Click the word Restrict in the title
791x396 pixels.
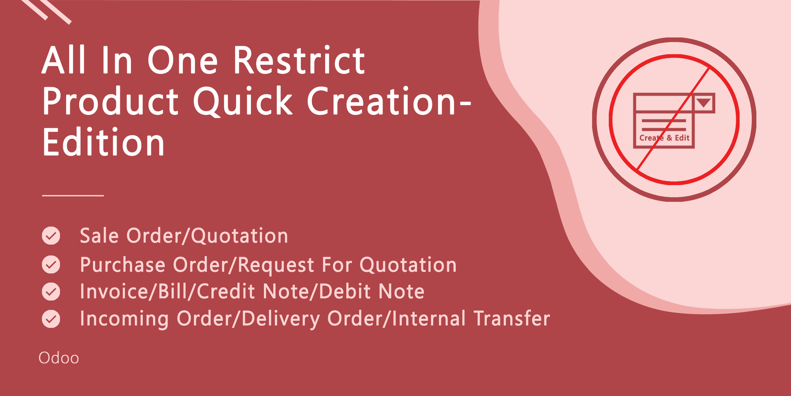(299, 60)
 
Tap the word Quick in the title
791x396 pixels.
(243, 101)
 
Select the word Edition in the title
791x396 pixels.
(103, 142)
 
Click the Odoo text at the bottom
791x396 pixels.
(59, 358)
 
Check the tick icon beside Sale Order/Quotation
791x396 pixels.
(51, 236)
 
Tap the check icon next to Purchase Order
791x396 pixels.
(51, 265)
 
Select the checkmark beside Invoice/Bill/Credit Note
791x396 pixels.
(51, 291)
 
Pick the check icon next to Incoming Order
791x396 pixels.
(51, 319)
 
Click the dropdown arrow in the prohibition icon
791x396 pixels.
(704, 103)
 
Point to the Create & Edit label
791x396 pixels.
(664, 138)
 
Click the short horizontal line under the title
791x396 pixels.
(73, 195)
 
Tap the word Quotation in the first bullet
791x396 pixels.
(239, 236)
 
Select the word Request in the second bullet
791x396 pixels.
(276, 265)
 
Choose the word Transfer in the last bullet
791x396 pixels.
(512, 319)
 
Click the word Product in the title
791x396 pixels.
(110, 101)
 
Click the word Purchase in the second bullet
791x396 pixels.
(123, 265)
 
